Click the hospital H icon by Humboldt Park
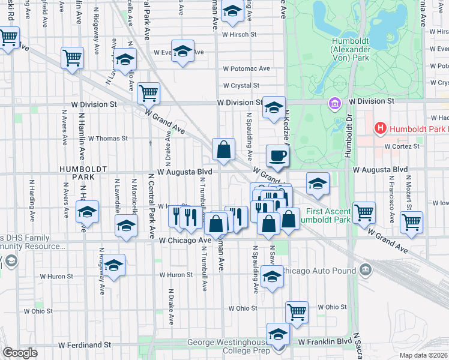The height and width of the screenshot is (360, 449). tap(379, 128)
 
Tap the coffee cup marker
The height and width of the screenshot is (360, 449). tap(277, 156)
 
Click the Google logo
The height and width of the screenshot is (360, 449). tap(20, 352)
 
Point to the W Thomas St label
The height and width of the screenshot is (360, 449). tap(108, 138)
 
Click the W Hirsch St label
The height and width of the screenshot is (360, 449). tap(239, 35)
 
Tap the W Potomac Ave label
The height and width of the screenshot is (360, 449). tap(247, 68)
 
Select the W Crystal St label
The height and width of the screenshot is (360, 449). tap(241, 86)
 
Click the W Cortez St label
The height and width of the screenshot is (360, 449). tap(404, 146)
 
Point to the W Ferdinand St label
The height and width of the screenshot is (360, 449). tap(85, 345)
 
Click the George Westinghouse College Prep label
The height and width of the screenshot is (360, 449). tap(227, 346)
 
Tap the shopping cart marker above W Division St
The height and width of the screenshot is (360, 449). tap(148, 92)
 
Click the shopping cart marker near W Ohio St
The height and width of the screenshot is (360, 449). tap(297, 311)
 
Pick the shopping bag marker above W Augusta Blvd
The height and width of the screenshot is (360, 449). tap(223, 150)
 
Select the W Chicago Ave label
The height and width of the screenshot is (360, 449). tap(185, 240)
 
